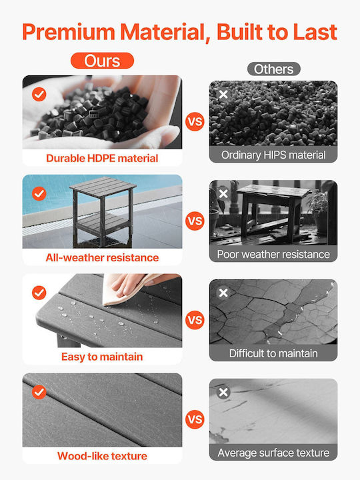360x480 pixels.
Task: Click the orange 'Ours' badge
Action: (x=102, y=61)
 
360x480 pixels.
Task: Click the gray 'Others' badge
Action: (x=274, y=69)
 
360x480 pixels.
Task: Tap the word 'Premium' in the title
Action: (x=69, y=32)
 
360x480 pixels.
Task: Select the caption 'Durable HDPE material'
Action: (x=102, y=158)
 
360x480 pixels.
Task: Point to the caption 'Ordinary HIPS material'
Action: (x=273, y=155)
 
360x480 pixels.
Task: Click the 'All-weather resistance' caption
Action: (x=102, y=257)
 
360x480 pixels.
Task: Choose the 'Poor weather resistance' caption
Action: (x=273, y=254)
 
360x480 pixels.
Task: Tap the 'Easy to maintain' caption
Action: (x=102, y=357)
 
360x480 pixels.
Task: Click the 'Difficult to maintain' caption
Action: (x=273, y=353)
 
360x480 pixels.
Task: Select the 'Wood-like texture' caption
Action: (x=102, y=456)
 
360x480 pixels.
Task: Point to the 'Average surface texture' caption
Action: (x=273, y=453)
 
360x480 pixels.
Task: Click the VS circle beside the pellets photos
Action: (x=195, y=121)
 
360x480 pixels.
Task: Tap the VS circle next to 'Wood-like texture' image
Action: (x=195, y=419)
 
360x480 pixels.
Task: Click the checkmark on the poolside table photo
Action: (x=39, y=193)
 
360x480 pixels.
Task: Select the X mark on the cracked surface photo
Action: (x=223, y=293)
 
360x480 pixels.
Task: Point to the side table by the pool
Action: (x=103, y=211)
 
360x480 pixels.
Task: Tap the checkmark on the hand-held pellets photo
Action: (x=39, y=94)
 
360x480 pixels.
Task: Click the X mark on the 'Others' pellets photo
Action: (x=223, y=94)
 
